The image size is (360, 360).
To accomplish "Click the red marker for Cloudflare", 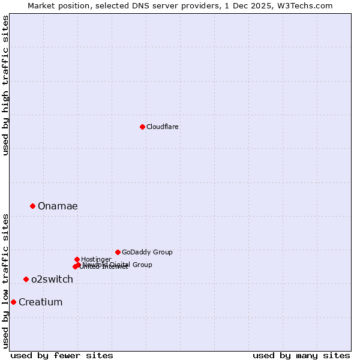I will click(x=142, y=127).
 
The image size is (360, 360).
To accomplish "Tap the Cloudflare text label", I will click(x=163, y=127).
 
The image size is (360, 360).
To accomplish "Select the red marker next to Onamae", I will click(x=33, y=206).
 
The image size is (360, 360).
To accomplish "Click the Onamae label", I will click(x=58, y=206).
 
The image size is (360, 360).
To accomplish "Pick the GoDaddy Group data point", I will click(x=118, y=252).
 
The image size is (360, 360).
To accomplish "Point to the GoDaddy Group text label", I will click(x=147, y=253).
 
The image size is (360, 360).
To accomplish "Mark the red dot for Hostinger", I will click(x=77, y=259).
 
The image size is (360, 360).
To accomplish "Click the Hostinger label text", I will click(x=97, y=260).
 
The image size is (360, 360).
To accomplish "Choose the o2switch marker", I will click(x=26, y=279).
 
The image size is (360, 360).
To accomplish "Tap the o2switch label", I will click(x=52, y=280).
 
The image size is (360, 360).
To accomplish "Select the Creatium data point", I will click(x=13, y=302).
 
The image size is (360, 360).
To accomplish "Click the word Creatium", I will click(x=41, y=302).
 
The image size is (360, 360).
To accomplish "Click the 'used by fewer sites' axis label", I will click(x=62, y=355).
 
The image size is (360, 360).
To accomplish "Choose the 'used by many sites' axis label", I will click(x=301, y=355).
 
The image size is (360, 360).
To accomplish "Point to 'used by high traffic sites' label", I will click(x=5, y=85).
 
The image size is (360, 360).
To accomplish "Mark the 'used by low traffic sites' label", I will click(x=5, y=281).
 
